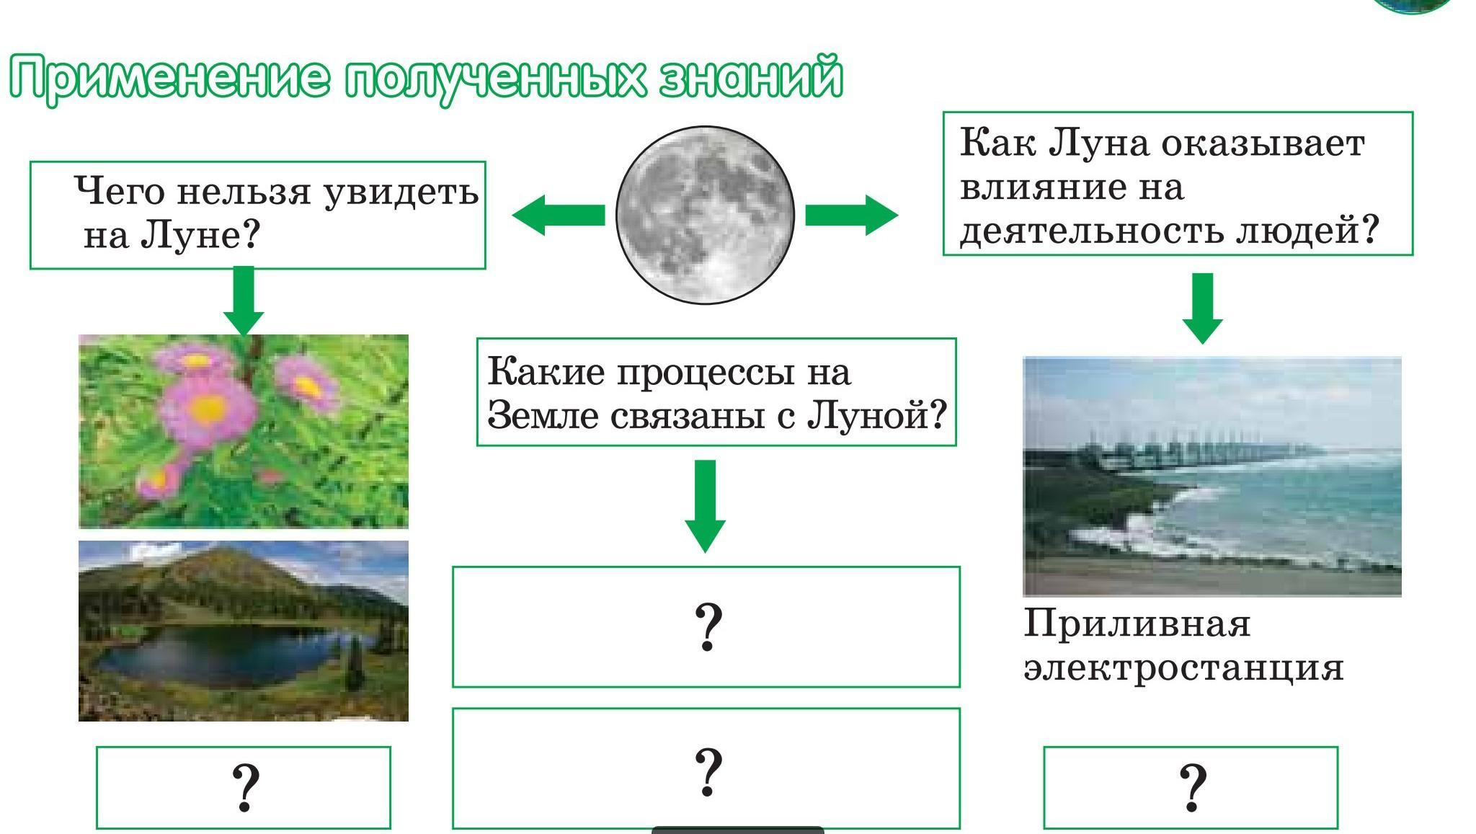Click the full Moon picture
coord(705,215)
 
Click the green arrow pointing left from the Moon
coord(559,215)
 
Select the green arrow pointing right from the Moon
coord(852,215)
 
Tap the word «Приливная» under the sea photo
coord(1137,624)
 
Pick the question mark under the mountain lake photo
coord(244,788)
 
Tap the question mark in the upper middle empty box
coord(707,628)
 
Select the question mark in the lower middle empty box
coord(707,772)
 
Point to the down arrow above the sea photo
coord(1202,308)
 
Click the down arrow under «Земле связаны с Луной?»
coord(705,506)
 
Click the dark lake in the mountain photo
coord(216,652)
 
